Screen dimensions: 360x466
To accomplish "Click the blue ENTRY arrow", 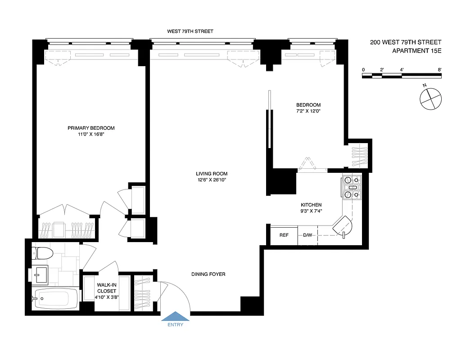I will click(x=176, y=316).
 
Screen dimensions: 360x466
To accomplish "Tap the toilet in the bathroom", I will click(x=43, y=253).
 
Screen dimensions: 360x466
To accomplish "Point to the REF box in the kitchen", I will click(x=284, y=235).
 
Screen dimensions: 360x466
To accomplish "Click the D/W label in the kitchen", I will click(x=308, y=235).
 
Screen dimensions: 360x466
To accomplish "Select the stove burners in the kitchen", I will click(x=352, y=187).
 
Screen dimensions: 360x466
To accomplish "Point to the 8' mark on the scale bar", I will click(x=439, y=70).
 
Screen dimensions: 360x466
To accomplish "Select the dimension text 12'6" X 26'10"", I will click(x=211, y=180).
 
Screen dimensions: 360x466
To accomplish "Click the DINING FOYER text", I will click(x=208, y=274).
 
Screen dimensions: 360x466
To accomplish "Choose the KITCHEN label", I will click(x=311, y=205).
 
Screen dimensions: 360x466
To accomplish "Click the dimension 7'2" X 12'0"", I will click(x=308, y=111).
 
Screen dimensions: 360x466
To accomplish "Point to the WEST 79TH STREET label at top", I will click(x=190, y=31).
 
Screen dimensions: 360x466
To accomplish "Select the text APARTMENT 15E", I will click(x=416, y=51).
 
